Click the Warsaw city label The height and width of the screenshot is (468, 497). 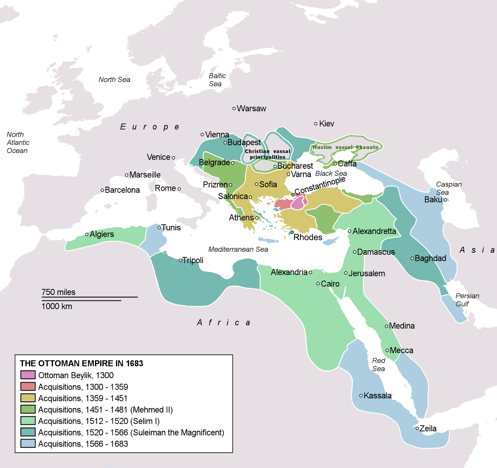251,108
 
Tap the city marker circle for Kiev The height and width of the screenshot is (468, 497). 316,124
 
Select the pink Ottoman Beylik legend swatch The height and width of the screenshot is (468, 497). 28,375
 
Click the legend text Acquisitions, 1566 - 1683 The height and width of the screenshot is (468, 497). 83,444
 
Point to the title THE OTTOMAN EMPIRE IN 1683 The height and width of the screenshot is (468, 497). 81,363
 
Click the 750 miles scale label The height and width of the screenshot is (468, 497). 58,292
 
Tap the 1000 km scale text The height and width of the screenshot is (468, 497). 57,306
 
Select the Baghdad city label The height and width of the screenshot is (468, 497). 430,258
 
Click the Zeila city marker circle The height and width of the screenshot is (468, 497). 417,428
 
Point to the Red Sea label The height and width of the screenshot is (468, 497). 379,365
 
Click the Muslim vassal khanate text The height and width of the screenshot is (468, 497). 345,147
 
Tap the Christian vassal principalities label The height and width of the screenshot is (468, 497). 267,154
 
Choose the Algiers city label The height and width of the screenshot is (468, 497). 102,234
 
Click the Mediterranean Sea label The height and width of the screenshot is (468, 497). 238,249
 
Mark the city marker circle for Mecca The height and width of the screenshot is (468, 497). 387,350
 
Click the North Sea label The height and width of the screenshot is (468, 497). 114,80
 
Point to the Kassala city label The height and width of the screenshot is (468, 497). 377,396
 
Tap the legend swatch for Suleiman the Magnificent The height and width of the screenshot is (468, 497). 28,432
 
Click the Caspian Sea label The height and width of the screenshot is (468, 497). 449,188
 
